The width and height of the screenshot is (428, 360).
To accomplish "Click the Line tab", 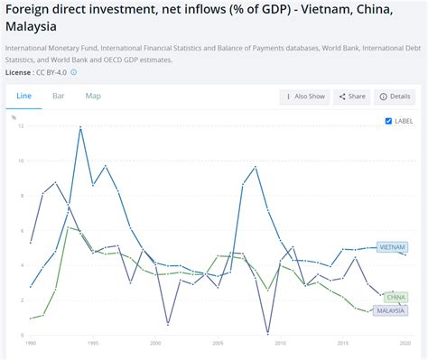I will (23, 95).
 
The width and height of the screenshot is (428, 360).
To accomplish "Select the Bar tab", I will (58, 95).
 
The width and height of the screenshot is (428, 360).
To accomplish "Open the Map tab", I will (93, 95).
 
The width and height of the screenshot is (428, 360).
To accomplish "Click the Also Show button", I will (304, 96).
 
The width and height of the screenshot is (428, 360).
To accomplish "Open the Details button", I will (395, 96).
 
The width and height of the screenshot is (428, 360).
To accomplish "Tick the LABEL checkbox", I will (388, 120).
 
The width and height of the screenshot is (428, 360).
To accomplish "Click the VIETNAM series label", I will (392, 246).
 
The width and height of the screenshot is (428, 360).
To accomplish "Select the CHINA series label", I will (395, 296).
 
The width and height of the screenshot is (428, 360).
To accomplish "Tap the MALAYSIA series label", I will (391, 309).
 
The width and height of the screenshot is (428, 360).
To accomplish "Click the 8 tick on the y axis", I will (21, 195).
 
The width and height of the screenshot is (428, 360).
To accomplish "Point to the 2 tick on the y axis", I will (21, 300).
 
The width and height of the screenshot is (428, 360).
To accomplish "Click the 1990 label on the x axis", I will (32, 343).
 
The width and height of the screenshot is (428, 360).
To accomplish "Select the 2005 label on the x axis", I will (218, 343).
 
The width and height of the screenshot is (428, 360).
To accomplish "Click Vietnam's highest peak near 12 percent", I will (81, 127).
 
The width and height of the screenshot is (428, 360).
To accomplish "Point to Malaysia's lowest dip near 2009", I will (268, 334).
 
